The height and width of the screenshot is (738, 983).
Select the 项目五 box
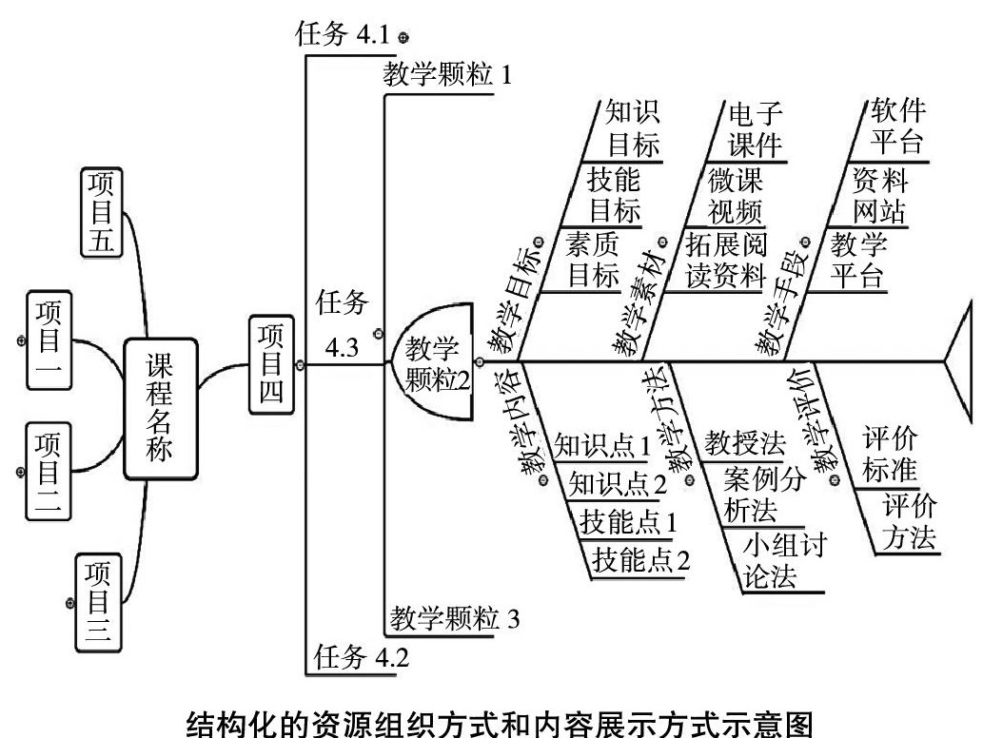(x=102, y=213)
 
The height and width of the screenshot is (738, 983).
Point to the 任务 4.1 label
(x=344, y=36)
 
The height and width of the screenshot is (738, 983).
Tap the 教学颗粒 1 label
(x=447, y=75)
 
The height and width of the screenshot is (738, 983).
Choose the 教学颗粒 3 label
(x=454, y=619)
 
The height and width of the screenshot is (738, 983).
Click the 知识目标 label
(x=633, y=129)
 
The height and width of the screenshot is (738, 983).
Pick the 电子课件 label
(x=756, y=129)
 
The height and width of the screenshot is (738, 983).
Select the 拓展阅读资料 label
(x=725, y=260)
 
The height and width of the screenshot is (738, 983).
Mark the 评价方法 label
(x=907, y=521)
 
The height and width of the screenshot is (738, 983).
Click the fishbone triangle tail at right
(x=961, y=361)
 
